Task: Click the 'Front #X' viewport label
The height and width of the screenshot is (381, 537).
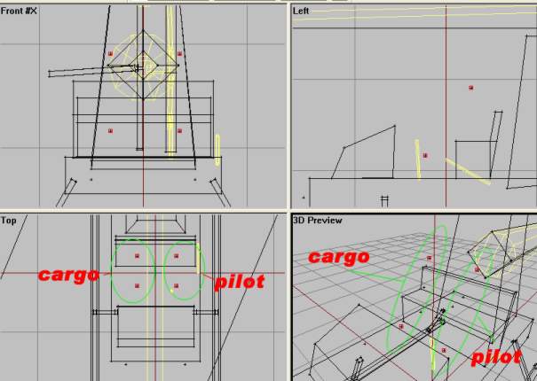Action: [19, 11]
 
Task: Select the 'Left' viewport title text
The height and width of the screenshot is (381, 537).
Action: [301, 11]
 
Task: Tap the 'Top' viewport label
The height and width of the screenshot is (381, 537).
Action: [9, 221]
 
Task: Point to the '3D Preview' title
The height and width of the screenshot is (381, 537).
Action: [318, 221]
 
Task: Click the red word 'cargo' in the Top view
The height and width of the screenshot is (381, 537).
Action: [69, 275]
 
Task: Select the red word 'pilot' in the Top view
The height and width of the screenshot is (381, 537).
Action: [240, 282]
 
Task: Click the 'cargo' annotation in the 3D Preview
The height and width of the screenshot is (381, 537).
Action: [339, 256]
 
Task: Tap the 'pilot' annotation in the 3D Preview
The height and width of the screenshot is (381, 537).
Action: [496, 357]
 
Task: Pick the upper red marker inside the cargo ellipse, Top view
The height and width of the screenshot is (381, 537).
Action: [137, 256]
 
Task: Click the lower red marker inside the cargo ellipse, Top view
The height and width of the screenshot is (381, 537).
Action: [137, 285]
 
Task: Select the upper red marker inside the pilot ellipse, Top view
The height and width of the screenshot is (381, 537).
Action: [176, 256]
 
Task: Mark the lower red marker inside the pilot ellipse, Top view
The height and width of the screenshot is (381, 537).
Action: [176, 285]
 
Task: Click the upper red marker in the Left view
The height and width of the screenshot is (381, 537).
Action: [471, 88]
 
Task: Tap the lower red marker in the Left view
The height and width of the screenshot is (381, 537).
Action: [425, 156]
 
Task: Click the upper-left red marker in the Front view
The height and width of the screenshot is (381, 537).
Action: [110, 54]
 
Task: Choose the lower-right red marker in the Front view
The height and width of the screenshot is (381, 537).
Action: [180, 130]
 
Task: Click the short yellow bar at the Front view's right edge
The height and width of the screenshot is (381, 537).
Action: [217, 151]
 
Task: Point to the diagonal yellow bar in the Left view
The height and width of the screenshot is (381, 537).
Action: [468, 171]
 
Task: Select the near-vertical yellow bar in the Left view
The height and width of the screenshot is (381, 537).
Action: [418, 159]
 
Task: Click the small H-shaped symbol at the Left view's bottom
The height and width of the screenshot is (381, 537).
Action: [384, 201]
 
